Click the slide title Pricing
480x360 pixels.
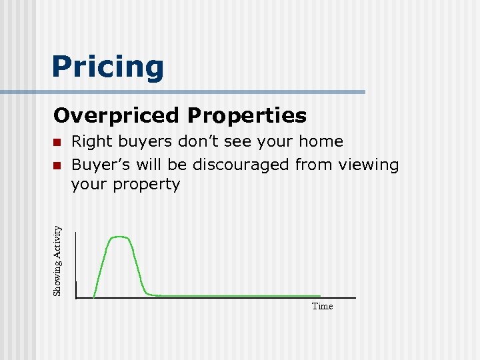click(x=107, y=67)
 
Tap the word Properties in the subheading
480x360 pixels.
click(x=247, y=116)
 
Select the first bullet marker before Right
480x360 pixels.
click(x=58, y=142)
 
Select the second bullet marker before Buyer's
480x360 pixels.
click(x=58, y=165)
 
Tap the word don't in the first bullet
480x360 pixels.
click(x=191, y=141)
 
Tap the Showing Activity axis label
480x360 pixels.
click(x=58, y=261)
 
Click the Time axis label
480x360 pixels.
click(x=322, y=306)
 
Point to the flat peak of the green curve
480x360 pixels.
click(x=121, y=237)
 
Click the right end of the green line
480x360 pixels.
click(x=320, y=295)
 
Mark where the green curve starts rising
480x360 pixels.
click(x=95, y=295)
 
